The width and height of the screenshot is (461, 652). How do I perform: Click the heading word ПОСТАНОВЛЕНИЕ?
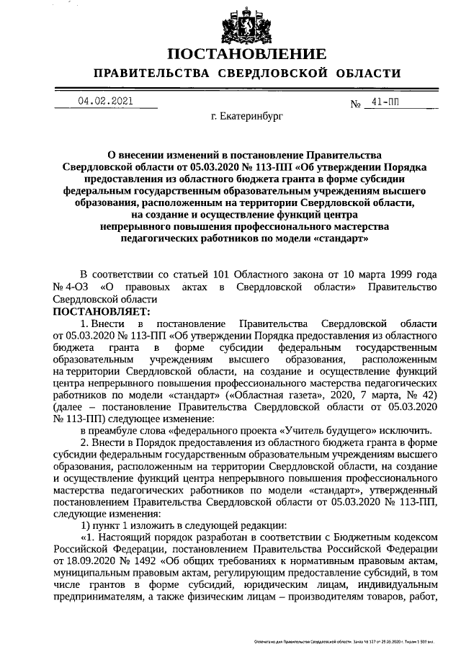(x=246, y=54)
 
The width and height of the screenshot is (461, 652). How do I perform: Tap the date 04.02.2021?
(x=106, y=102)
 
